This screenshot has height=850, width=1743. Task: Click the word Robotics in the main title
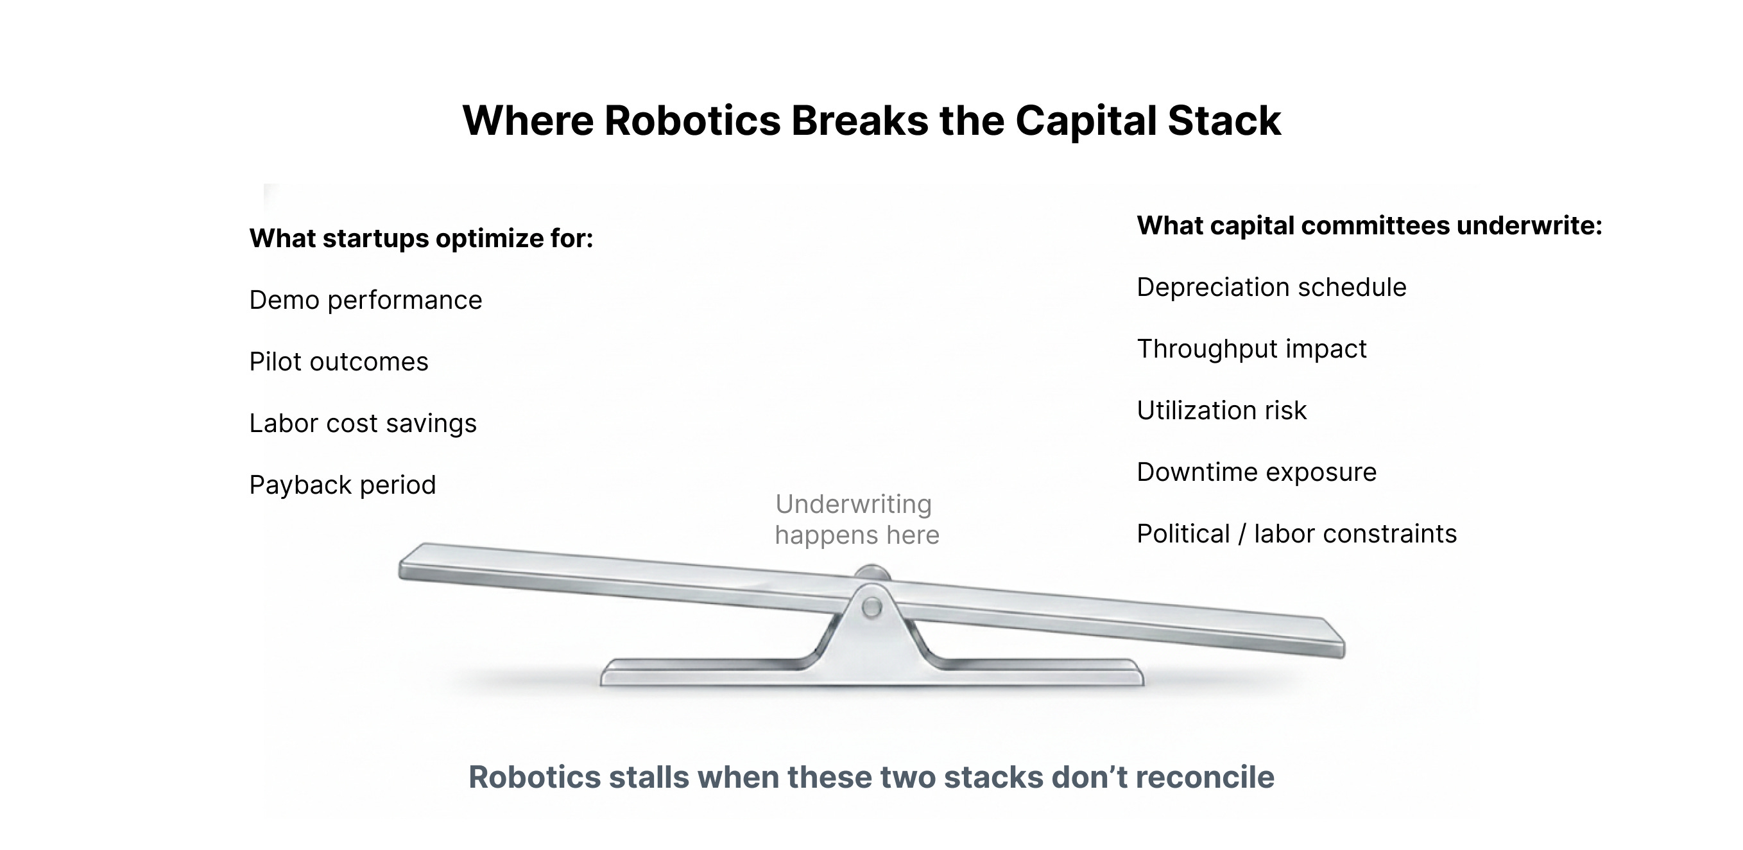[692, 121]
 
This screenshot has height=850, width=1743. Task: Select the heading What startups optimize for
[421, 238]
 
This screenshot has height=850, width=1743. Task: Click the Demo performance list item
[365, 300]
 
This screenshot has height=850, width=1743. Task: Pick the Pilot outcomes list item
[338, 361]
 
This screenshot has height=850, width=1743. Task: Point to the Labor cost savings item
[363, 423]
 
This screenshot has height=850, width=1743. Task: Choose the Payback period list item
[343, 485]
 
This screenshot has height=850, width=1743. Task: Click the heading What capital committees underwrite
[1369, 225]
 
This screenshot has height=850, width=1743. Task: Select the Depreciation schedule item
[1271, 287]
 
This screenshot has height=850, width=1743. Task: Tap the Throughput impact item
[1251, 349]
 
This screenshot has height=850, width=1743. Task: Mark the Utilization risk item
[1221, 410]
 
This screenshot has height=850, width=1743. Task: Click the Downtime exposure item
[1256, 472]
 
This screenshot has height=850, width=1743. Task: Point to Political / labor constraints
[1296, 533]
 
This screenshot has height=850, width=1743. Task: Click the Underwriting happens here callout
[857, 519]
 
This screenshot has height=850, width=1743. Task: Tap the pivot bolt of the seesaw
[872, 607]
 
